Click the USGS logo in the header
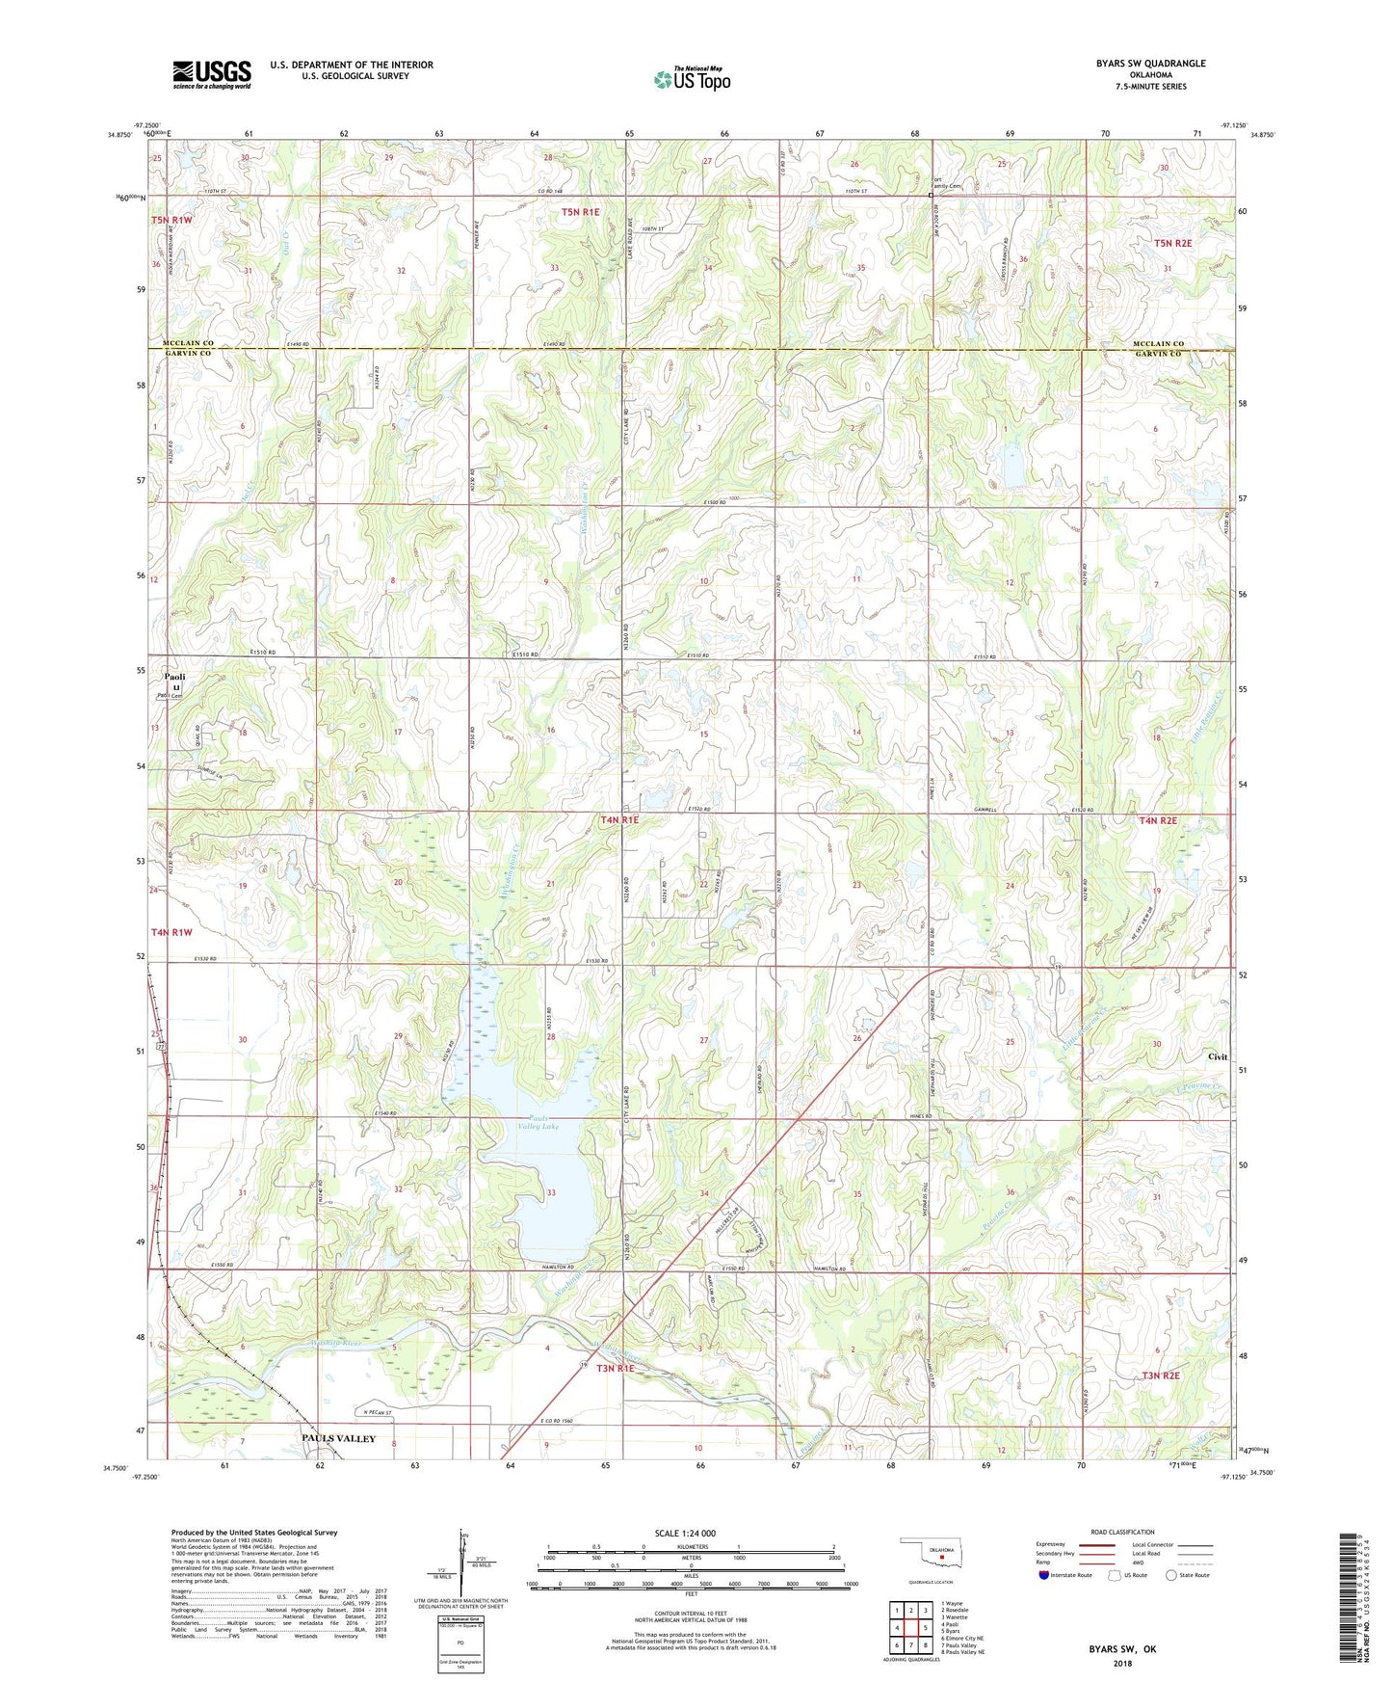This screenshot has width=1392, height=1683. [x=211, y=74]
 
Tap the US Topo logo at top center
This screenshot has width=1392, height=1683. [x=691, y=79]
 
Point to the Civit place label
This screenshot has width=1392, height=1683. [x=1218, y=1056]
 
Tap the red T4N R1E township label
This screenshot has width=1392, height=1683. [x=619, y=820]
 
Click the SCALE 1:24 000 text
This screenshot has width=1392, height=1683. [x=685, y=1533]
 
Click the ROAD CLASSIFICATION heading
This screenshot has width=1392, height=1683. [x=1122, y=1532]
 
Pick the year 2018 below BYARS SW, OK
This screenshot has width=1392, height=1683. [x=1121, y=1663]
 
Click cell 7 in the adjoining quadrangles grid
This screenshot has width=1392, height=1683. [x=910, y=1644]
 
